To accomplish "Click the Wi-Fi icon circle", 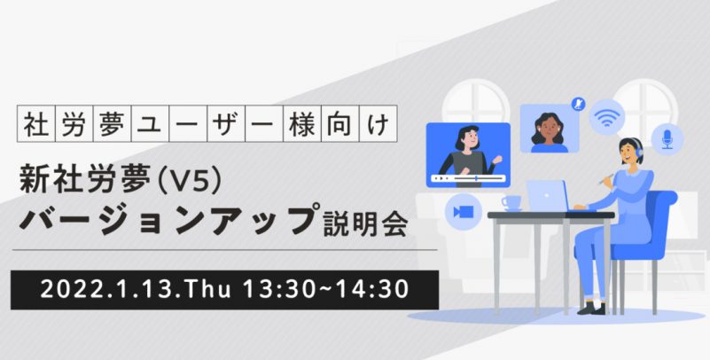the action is [x=607, y=117].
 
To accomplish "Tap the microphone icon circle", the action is [x=667, y=139].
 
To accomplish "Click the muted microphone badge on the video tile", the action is [x=578, y=104].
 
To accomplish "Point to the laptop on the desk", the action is [x=549, y=195].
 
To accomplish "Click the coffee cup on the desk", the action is [x=511, y=202].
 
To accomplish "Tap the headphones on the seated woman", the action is [x=637, y=151].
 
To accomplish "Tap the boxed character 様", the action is [x=302, y=123].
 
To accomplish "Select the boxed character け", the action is [x=378, y=123].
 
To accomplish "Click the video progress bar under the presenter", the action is [x=469, y=178].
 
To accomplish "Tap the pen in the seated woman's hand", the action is [x=606, y=179].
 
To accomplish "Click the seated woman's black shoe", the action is [x=592, y=308].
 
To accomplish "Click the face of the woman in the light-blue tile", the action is [x=550, y=130].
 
